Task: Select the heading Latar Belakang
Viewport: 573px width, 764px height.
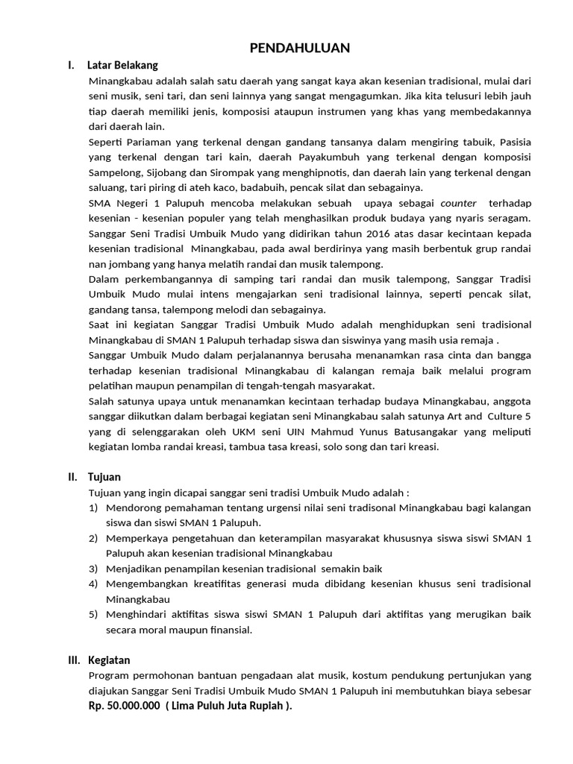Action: click(x=122, y=66)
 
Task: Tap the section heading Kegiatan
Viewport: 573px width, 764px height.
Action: click(x=109, y=660)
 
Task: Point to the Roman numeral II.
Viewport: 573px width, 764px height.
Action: click(x=72, y=477)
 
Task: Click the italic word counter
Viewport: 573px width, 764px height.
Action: click(x=459, y=202)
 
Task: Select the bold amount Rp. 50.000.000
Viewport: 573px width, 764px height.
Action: click(x=125, y=706)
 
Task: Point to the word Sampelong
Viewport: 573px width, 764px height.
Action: click(x=113, y=172)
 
